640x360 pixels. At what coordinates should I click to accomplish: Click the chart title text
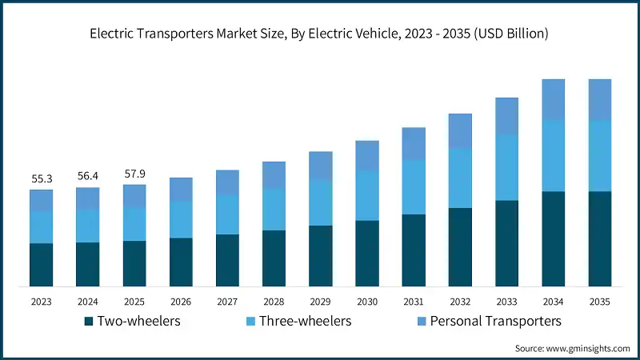pos(320,33)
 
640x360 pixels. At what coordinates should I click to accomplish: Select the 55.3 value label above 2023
pos(41,180)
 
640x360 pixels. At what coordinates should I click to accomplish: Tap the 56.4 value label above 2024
pos(87,178)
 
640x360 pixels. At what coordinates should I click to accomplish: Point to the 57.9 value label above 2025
pos(134,174)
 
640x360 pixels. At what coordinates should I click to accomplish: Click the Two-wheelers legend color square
pos(89,322)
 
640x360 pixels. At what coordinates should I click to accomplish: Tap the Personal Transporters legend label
pos(496,321)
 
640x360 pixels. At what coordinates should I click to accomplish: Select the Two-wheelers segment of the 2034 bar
pos(554,238)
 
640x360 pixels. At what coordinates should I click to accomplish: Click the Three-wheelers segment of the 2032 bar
pos(460,178)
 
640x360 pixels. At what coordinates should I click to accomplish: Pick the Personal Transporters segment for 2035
pos(600,99)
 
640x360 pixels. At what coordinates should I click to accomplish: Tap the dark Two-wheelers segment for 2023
pos(41,264)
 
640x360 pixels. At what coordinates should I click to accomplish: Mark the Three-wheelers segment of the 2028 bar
pos(274,209)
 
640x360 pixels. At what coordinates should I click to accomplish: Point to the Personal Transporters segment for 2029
pos(321,166)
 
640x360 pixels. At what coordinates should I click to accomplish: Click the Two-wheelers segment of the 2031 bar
pos(414,250)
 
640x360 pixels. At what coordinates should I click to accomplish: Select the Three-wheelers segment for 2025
pos(134,223)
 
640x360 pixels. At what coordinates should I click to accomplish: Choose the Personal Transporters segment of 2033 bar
pos(507,116)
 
